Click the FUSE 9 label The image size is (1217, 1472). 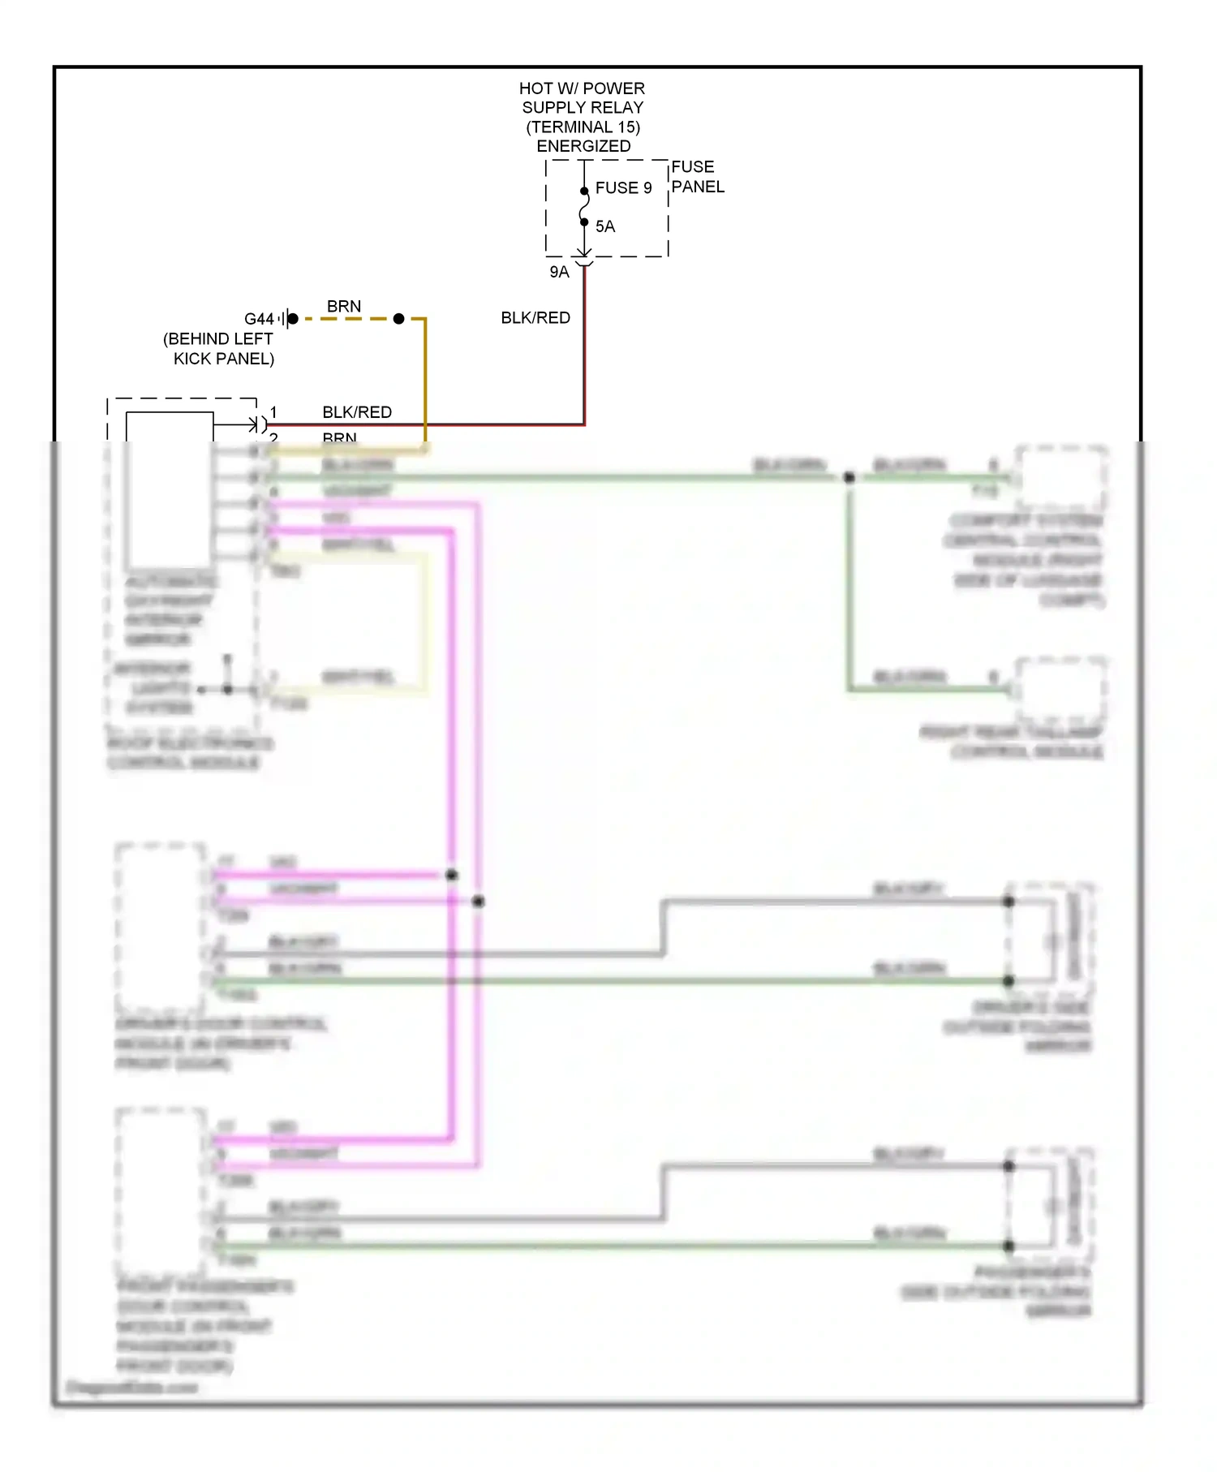click(x=623, y=188)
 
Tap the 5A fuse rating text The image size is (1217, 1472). click(x=605, y=226)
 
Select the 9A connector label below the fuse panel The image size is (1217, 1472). click(x=559, y=273)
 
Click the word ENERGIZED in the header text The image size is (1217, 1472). click(x=583, y=147)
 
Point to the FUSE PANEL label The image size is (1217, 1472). click(x=697, y=177)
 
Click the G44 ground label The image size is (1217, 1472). click(x=259, y=320)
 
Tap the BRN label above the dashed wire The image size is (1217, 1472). click(x=344, y=307)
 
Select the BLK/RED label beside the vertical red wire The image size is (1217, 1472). click(x=535, y=318)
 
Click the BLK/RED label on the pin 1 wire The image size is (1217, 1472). click(x=357, y=412)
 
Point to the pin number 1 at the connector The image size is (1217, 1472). click(x=274, y=412)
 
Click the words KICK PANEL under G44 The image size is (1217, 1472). click(x=224, y=359)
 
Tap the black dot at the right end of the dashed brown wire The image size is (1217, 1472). click(x=398, y=319)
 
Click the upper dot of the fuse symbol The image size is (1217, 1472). click(x=584, y=192)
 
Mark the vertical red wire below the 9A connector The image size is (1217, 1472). click(x=584, y=349)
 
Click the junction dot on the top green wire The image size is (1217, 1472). click(x=849, y=478)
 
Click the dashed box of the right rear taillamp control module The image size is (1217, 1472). click(x=1061, y=690)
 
